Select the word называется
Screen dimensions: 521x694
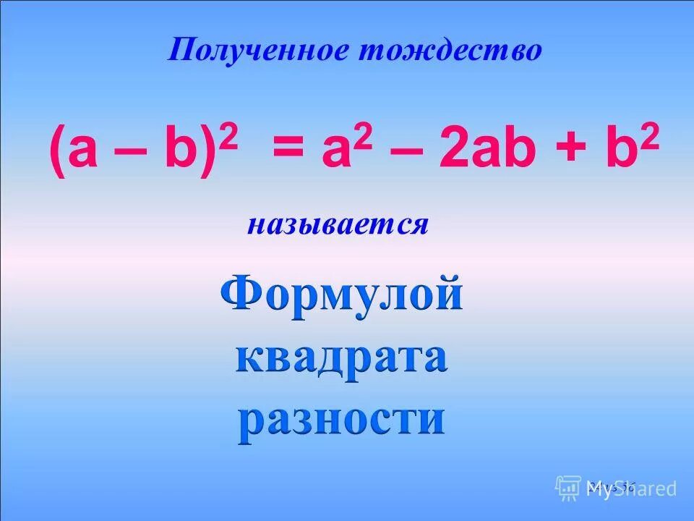coord(338,225)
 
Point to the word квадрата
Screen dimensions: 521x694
coord(341,358)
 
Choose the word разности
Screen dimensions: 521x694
coord(341,418)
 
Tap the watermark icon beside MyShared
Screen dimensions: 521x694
coord(568,487)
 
